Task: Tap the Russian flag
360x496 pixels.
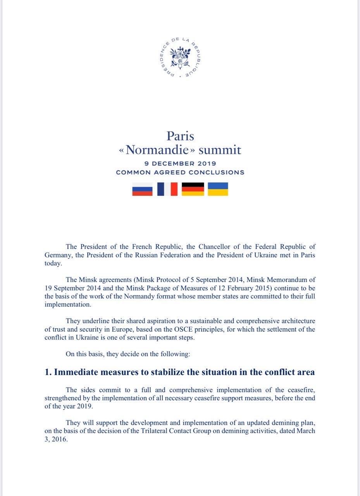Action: tap(142, 189)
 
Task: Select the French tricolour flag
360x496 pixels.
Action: tap(167, 189)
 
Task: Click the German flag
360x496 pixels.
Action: tap(193, 189)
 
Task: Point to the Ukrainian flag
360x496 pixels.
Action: tap(218, 189)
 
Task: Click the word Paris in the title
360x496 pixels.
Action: tap(180, 136)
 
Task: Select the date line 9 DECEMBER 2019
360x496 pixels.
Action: tap(180, 164)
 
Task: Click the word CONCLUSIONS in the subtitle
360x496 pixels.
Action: tap(221, 172)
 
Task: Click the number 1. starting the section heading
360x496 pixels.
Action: tap(48, 372)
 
